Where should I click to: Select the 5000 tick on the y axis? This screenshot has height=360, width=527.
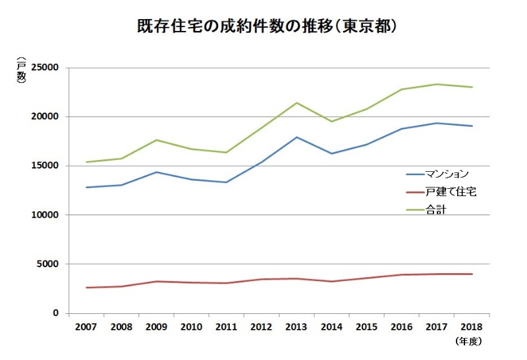(x=47, y=264)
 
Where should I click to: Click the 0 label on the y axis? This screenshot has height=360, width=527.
(x=56, y=313)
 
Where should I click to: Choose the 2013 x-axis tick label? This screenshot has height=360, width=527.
(x=296, y=326)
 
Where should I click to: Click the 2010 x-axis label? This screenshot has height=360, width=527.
(x=191, y=326)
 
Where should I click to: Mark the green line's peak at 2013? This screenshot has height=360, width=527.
(x=296, y=103)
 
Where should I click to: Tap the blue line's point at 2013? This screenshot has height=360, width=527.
(x=296, y=137)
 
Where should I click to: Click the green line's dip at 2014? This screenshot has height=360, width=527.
(x=331, y=121)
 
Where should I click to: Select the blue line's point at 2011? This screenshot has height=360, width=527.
(x=226, y=182)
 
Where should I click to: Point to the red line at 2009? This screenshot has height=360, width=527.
(x=156, y=282)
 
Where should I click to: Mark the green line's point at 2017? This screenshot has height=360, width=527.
(x=437, y=84)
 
